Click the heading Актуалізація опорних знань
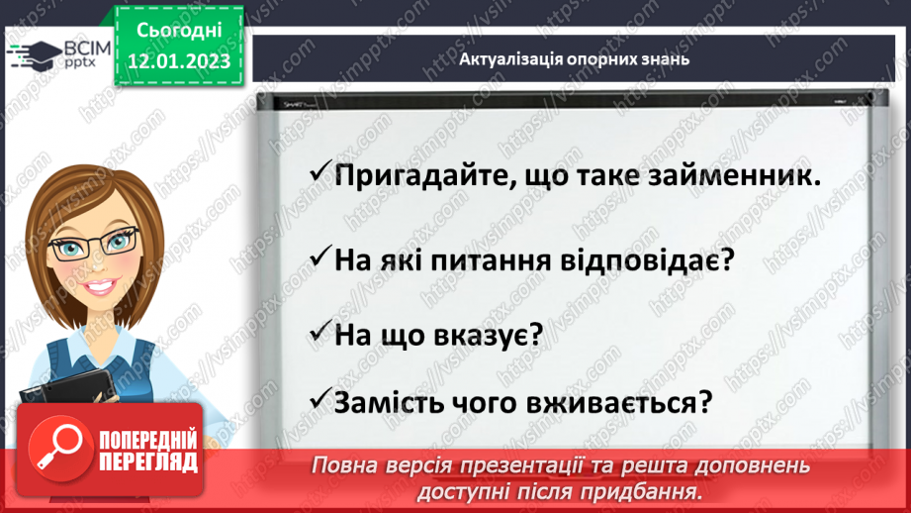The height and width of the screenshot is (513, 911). (574, 58)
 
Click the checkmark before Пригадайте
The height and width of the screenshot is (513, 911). (319, 173)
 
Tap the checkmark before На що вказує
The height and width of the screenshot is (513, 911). (319, 332)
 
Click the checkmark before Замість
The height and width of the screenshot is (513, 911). (319, 401)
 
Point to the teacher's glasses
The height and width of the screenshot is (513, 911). (94, 242)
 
